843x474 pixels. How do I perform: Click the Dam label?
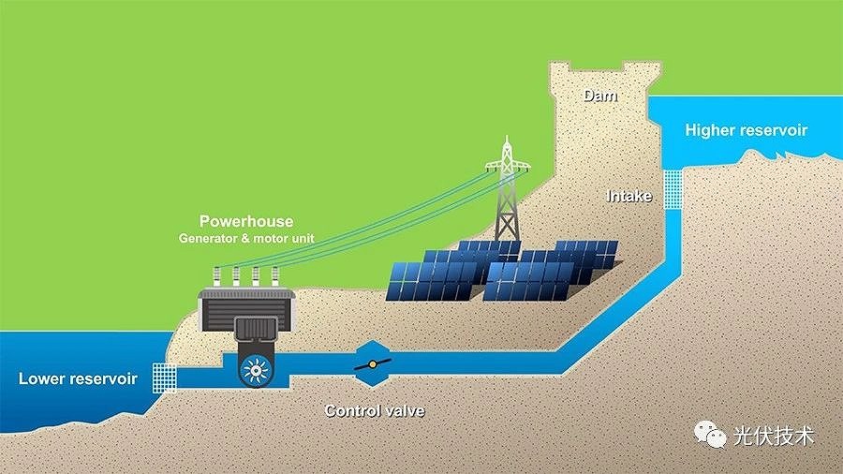(x=600, y=96)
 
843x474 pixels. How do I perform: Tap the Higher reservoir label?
(x=746, y=130)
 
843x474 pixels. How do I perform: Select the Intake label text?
(x=629, y=197)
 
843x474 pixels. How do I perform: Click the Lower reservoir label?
(x=78, y=378)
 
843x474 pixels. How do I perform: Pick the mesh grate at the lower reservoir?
(x=164, y=378)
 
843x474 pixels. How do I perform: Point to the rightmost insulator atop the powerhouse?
(x=275, y=276)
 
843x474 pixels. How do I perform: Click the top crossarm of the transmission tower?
(x=507, y=165)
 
